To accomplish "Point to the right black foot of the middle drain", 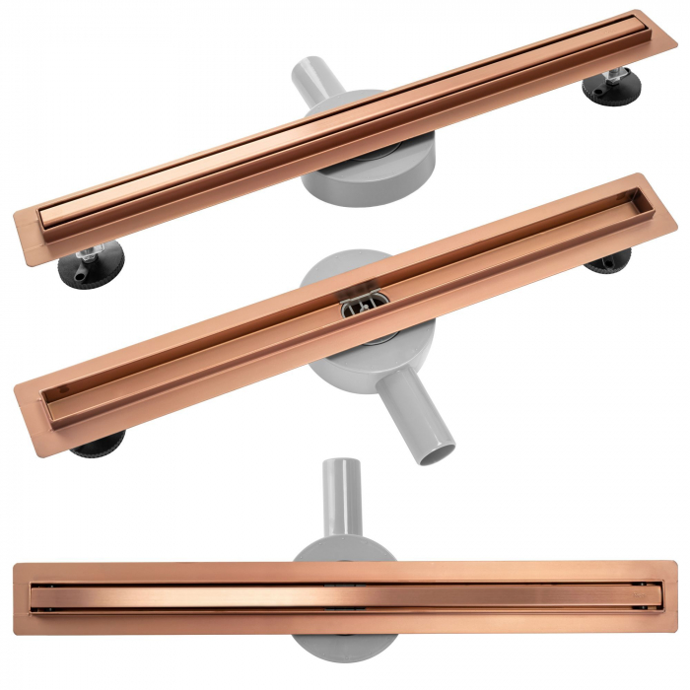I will point(608,260).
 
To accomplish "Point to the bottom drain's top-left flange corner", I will point(14,565).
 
